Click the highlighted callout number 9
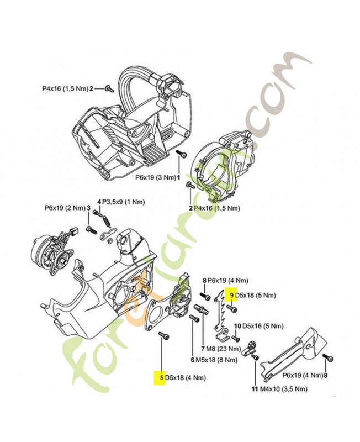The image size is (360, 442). tap(232, 296)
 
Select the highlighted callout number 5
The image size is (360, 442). tap(162, 378)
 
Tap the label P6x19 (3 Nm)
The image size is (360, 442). tap(155, 178)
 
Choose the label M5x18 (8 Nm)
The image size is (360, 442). tap(216, 360)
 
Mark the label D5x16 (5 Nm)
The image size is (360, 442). tap(259, 326)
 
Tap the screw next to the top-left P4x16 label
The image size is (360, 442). tap(108, 88)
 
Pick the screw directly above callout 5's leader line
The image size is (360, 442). tap(162, 336)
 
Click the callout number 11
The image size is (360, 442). tap(255, 389)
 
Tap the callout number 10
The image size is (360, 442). tap(237, 326)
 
